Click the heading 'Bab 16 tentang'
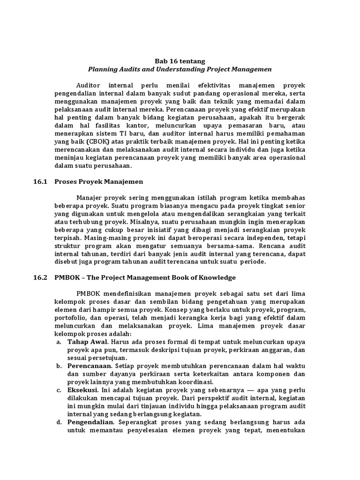click(180, 61)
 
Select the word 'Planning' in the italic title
click(103, 69)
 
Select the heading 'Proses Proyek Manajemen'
click(105, 181)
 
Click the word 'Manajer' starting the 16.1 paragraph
click(90, 197)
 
